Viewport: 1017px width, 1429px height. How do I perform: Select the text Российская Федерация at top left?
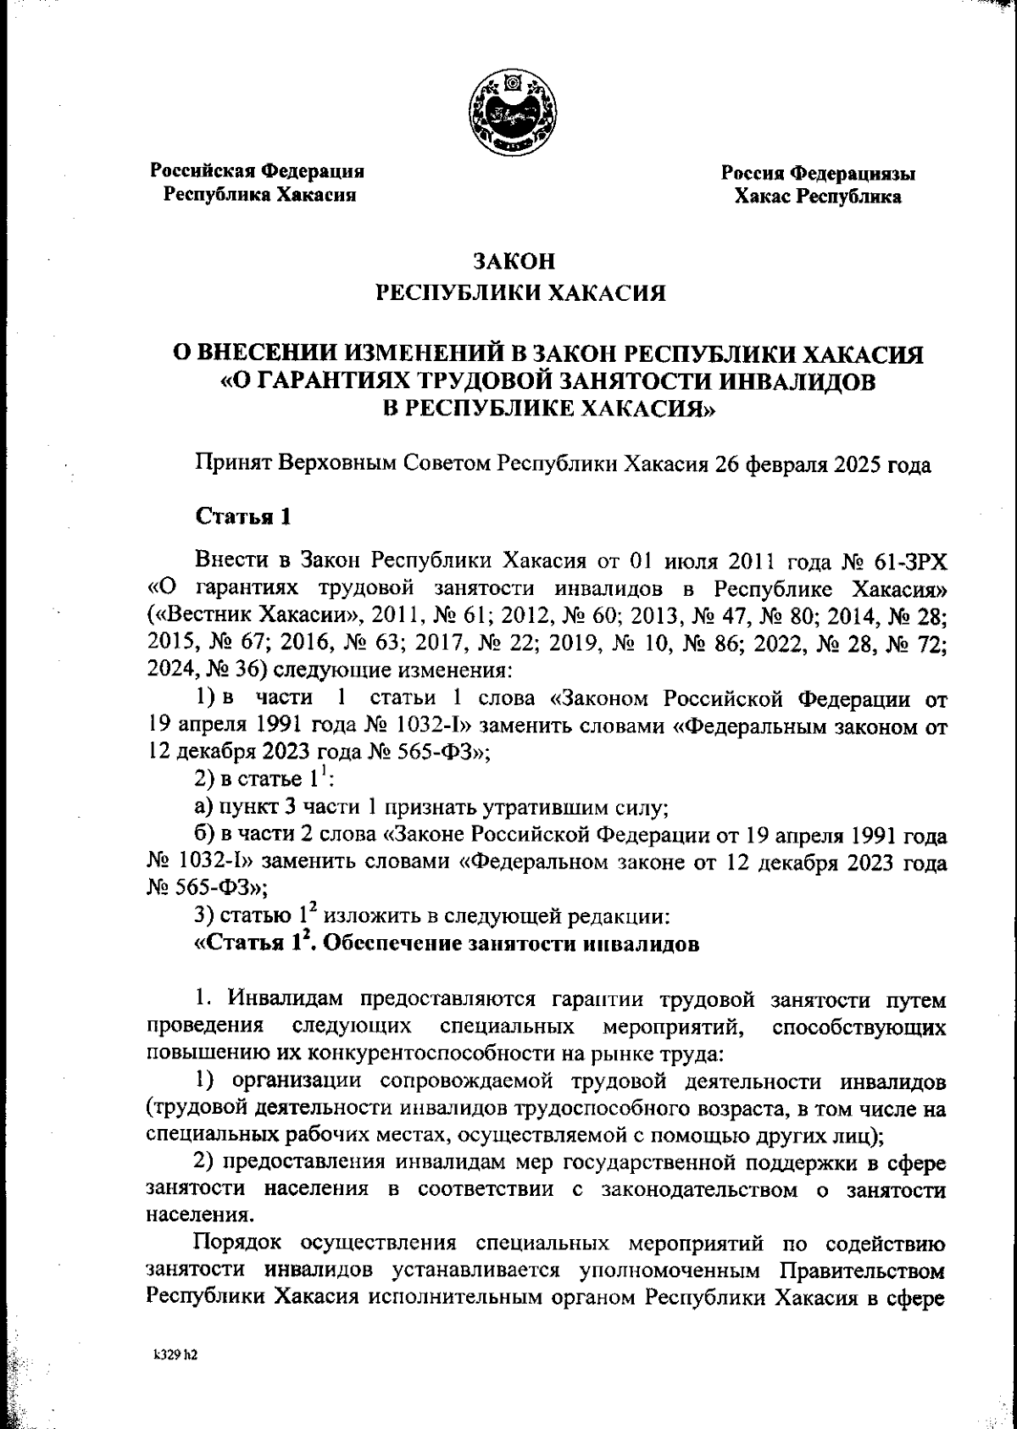(x=258, y=171)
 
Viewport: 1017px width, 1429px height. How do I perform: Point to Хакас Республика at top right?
(x=818, y=197)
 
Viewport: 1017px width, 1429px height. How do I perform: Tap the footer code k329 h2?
(x=175, y=1354)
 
